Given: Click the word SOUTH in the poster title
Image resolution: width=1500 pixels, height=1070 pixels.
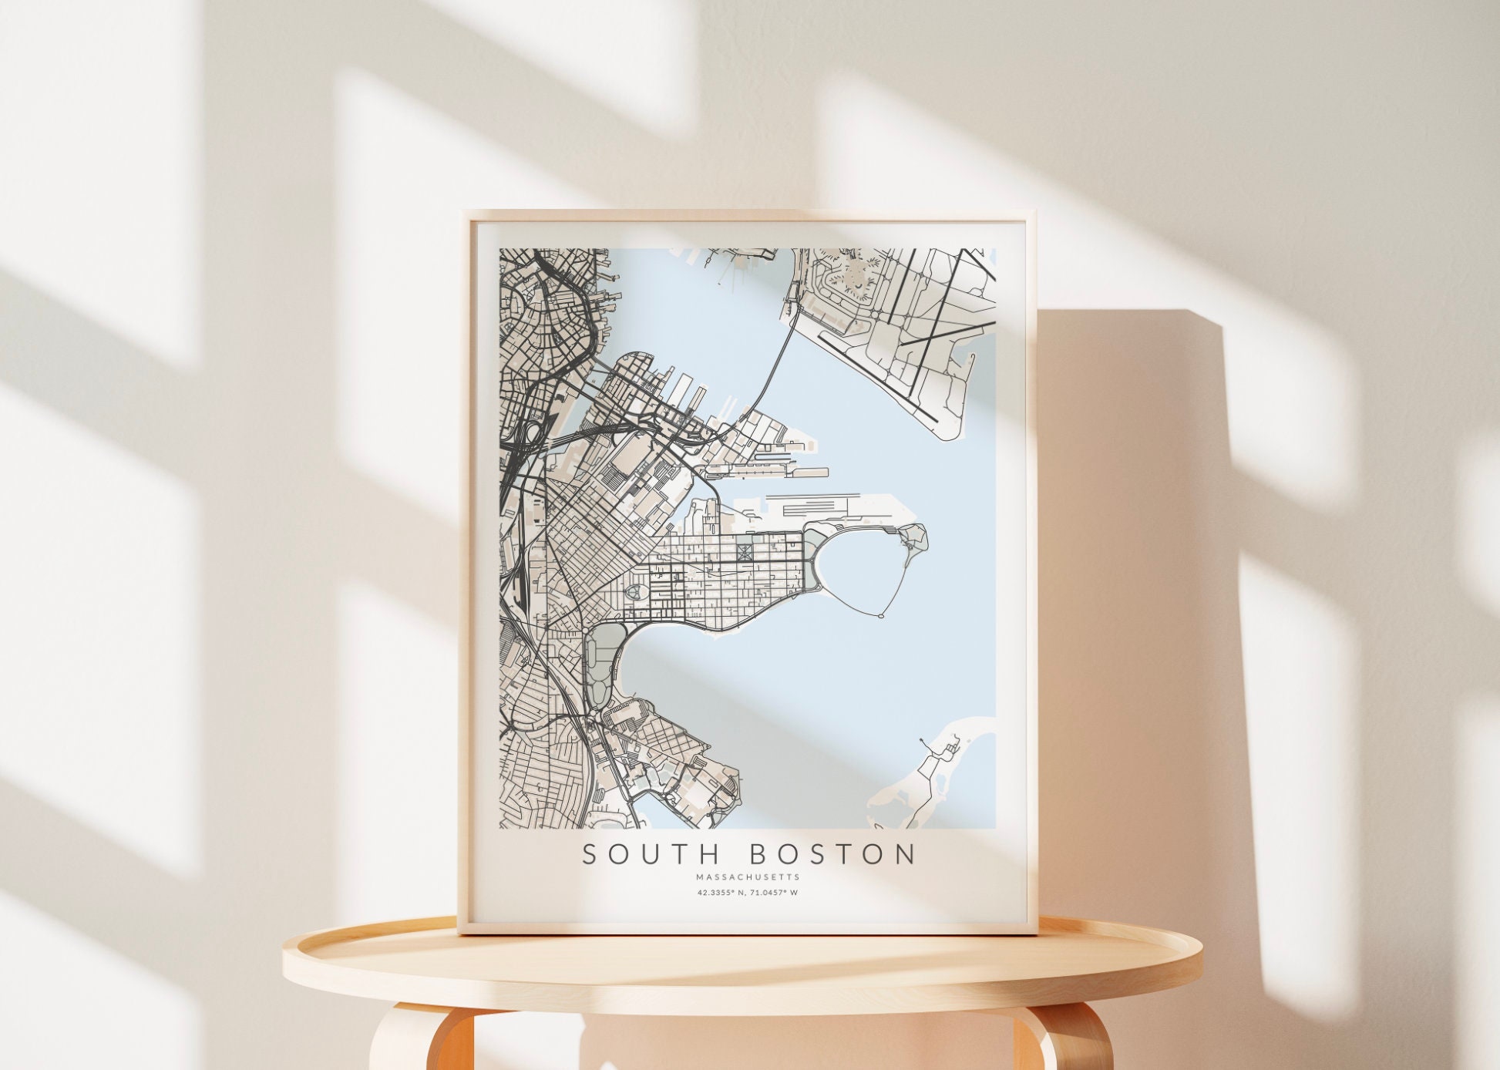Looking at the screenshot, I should pos(648,854).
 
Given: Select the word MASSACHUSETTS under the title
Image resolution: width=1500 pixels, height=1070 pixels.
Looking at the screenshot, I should pos(748,877).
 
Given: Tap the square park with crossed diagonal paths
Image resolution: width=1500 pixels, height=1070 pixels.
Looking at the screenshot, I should pos(744,552).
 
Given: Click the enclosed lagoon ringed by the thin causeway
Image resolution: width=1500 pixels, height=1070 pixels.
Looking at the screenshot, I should pos(856,570).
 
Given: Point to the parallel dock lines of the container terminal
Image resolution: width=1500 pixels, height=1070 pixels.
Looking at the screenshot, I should pos(809,509).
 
